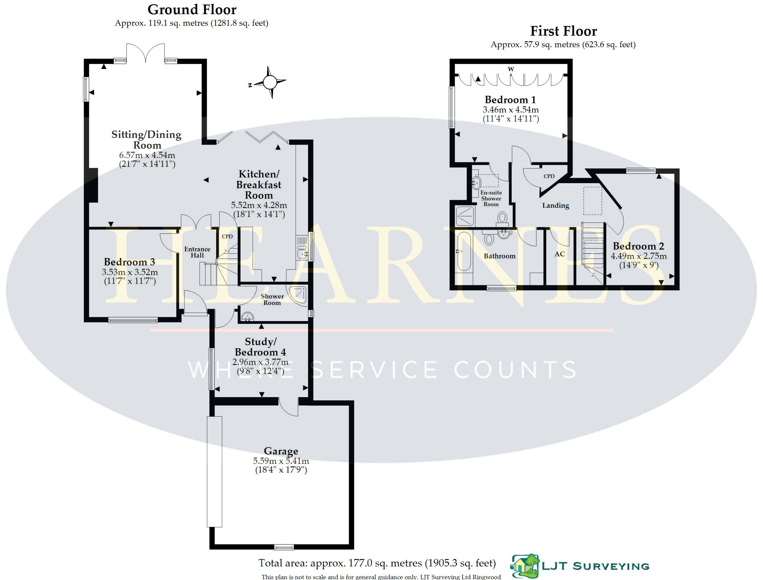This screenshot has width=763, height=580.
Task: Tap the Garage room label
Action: tap(281, 451)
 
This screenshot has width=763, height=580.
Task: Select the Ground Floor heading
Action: tap(192, 10)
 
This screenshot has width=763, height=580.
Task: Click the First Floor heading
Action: tap(563, 31)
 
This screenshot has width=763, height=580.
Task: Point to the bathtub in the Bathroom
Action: tap(464, 251)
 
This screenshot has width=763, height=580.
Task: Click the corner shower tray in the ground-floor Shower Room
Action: tap(298, 295)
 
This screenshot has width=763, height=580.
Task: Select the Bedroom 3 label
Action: tap(129, 262)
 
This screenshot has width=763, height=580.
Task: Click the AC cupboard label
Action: tap(560, 254)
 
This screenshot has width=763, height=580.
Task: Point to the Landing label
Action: tap(556, 205)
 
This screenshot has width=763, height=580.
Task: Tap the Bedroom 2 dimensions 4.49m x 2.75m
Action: tap(639, 256)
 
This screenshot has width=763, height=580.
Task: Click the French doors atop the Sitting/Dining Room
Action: tap(146, 53)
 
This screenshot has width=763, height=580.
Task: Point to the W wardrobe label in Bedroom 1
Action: tap(511, 69)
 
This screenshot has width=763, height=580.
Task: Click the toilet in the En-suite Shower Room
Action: tap(502, 218)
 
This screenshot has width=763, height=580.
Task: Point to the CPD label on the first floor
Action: tap(549, 176)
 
